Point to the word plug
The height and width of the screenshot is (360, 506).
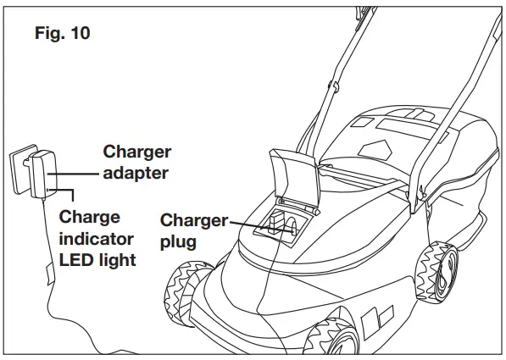point(179,241)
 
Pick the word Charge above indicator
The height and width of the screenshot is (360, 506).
point(89,217)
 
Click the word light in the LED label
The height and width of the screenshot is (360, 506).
point(117,258)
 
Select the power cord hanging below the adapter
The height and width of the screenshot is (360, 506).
point(42,254)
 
